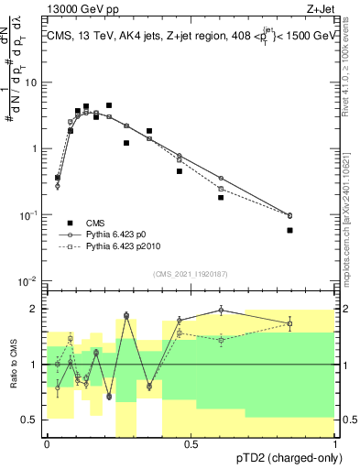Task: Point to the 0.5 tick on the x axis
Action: (191, 443)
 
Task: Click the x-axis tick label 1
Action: (335, 443)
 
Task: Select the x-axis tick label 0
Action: (47, 443)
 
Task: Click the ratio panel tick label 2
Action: (37, 309)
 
